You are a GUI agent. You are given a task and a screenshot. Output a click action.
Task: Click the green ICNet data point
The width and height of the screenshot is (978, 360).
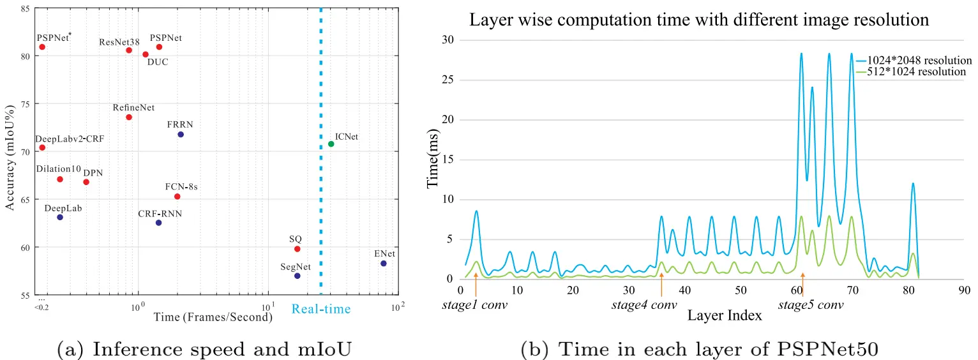pos(331,144)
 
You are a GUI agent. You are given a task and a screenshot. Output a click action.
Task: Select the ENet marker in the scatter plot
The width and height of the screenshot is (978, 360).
pos(383,263)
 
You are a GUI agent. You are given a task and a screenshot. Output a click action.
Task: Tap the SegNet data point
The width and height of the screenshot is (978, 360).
pos(297,276)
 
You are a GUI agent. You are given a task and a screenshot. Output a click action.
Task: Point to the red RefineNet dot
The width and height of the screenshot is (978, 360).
pos(129,117)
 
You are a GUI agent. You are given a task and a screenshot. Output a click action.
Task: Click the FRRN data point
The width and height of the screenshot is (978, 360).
pos(181,134)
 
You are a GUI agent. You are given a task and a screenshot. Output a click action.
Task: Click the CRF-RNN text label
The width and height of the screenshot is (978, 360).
pos(160,213)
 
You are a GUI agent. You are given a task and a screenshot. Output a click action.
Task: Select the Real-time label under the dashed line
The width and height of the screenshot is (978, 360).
pos(321,310)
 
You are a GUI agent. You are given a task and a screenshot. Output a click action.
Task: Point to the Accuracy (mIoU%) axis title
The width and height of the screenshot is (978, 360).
pos(10,152)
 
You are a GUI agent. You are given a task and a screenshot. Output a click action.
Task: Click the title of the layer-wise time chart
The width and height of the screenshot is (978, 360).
pos(699,20)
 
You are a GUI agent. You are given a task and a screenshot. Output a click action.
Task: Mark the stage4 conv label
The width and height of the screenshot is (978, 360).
pos(644,305)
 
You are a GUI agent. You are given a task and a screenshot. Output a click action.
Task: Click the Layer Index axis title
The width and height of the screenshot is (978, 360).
pos(724,315)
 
